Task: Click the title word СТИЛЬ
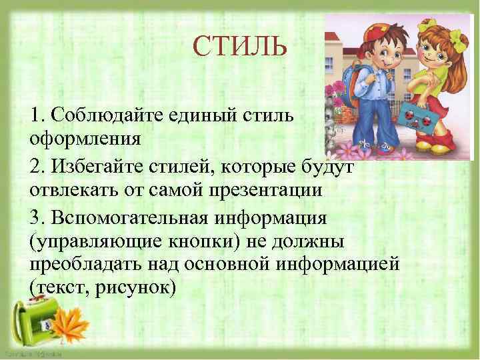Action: coord(240,47)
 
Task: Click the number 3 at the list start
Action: coord(35,215)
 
